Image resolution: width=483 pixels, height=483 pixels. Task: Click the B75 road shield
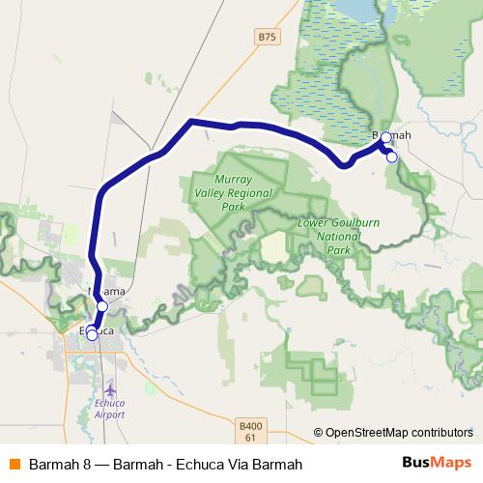pyautogui.click(x=267, y=37)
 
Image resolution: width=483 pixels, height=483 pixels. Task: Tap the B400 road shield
pyautogui.click(x=249, y=424)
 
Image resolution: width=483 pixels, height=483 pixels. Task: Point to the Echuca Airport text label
pyautogui.click(x=110, y=409)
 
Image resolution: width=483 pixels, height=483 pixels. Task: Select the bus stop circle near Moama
pyautogui.click(x=102, y=305)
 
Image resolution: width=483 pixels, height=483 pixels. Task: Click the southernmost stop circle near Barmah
pyautogui.click(x=391, y=157)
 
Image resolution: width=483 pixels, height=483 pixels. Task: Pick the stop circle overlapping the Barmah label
pyautogui.click(x=385, y=138)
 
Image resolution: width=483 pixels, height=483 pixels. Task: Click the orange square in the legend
pyautogui.click(x=14, y=464)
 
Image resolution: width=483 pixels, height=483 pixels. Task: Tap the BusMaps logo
pyautogui.click(x=436, y=463)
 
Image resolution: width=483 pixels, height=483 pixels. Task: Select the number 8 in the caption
pyautogui.click(x=86, y=464)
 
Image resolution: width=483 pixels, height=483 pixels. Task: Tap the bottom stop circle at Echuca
pyautogui.click(x=92, y=336)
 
